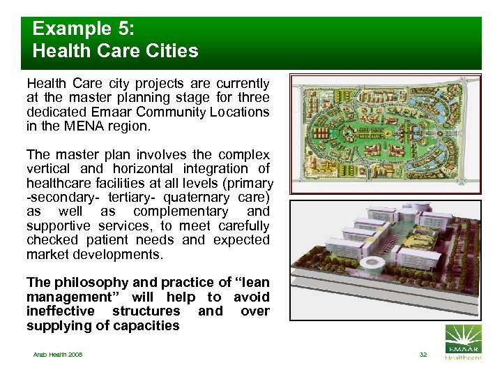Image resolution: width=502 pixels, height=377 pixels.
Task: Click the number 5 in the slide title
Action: pyautogui.click(x=106, y=29)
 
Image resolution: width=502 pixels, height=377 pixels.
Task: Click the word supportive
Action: pyautogui.click(x=56, y=226)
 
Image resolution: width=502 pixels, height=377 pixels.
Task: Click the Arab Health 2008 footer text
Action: pyautogui.click(x=57, y=355)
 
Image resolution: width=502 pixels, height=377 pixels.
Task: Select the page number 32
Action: pyautogui.click(x=423, y=355)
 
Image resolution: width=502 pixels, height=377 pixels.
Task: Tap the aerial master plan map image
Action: pyautogui.click(x=385, y=135)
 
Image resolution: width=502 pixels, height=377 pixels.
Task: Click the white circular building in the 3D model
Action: pyautogui.click(x=372, y=263)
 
